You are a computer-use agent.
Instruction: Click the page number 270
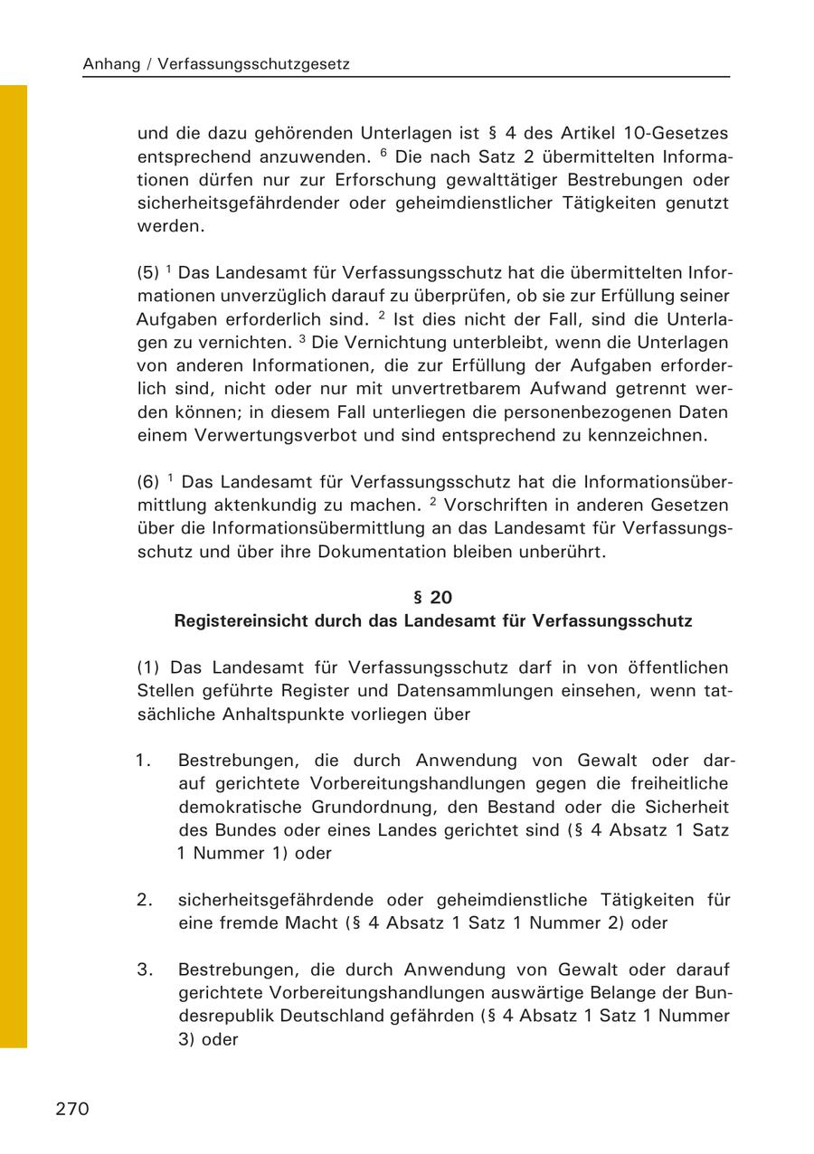click(72, 1109)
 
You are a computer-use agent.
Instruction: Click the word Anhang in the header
click(110, 64)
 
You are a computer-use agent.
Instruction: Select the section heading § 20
click(432, 598)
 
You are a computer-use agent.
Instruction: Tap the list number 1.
click(143, 761)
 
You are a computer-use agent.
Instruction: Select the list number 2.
click(143, 900)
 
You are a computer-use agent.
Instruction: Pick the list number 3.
click(143, 970)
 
